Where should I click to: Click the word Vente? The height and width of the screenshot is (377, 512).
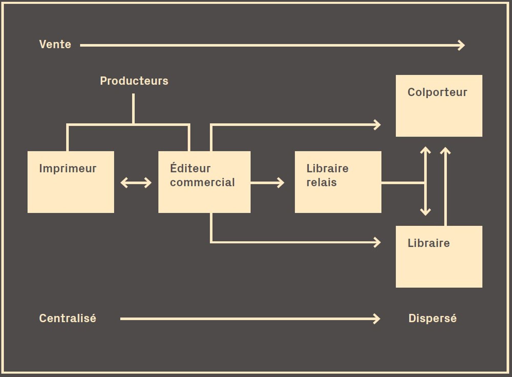[55, 44]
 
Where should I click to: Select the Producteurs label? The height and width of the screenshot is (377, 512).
[134, 81]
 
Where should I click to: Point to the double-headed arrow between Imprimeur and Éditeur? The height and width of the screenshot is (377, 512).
[136, 183]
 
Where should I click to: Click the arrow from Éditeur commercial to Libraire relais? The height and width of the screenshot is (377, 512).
[268, 183]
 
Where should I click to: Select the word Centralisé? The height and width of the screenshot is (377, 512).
[68, 318]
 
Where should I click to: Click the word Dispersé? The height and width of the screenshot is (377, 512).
[432, 318]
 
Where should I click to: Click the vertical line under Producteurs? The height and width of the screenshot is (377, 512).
[133, 109]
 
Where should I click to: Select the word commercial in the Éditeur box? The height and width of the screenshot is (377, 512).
[202, 182]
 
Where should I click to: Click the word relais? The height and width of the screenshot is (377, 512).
[322, 182]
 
